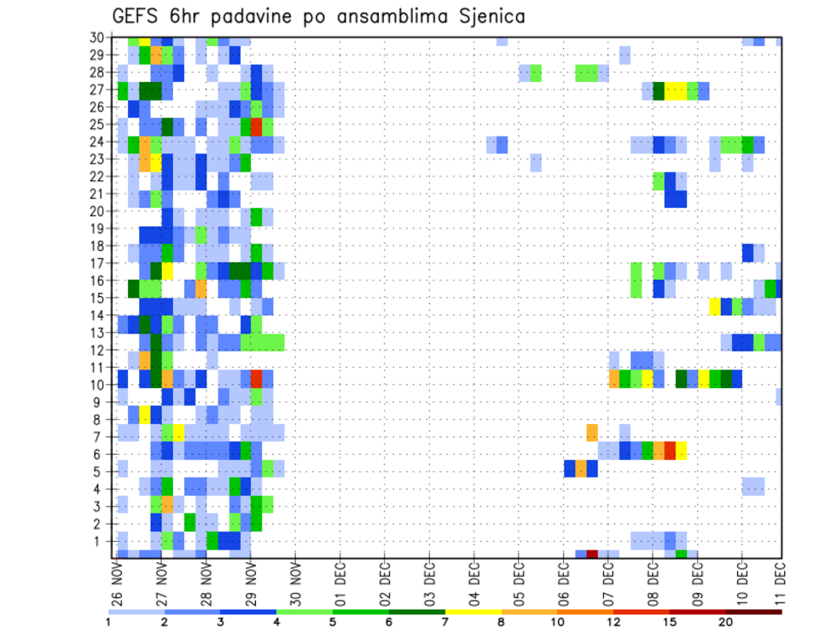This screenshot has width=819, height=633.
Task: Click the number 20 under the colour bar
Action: [726, 621]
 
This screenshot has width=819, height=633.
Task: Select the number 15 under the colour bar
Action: [670, 621]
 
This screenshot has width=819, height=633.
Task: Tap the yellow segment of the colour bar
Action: [473, 612]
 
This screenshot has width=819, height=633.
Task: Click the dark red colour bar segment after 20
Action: [754, 612]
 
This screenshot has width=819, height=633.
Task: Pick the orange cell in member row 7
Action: [592, 433]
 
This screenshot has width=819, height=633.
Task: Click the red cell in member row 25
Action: [256, 125]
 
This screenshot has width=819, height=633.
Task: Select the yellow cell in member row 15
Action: [715, 305]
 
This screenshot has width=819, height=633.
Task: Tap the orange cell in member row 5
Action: [581, 468]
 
